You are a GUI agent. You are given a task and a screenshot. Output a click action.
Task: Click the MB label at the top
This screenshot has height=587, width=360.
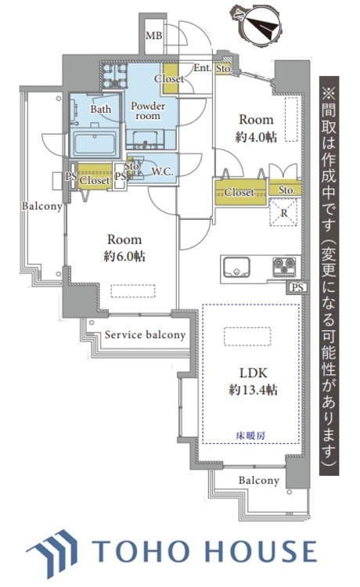[153, 36]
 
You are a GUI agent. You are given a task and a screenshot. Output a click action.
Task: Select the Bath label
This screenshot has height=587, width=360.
[101, 110]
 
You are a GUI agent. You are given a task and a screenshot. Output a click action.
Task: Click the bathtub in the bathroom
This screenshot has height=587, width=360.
[94, 143]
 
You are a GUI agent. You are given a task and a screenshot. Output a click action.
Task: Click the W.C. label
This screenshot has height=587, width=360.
[162, 171]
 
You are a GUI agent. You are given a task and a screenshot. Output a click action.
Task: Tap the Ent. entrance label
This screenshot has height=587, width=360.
[201, 69]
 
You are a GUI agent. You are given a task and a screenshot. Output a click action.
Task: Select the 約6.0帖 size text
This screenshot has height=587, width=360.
[124, 256]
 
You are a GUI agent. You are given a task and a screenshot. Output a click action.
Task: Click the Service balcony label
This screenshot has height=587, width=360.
[145, 335]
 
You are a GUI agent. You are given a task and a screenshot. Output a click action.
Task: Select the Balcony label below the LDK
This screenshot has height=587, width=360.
[258, 480]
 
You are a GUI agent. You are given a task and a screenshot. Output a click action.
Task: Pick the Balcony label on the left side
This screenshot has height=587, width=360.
[41, 206]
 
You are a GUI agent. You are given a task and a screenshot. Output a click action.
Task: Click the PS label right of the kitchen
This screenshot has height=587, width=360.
[297, 288]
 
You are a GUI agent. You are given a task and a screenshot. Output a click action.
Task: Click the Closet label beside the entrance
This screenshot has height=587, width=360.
[169, 79]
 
